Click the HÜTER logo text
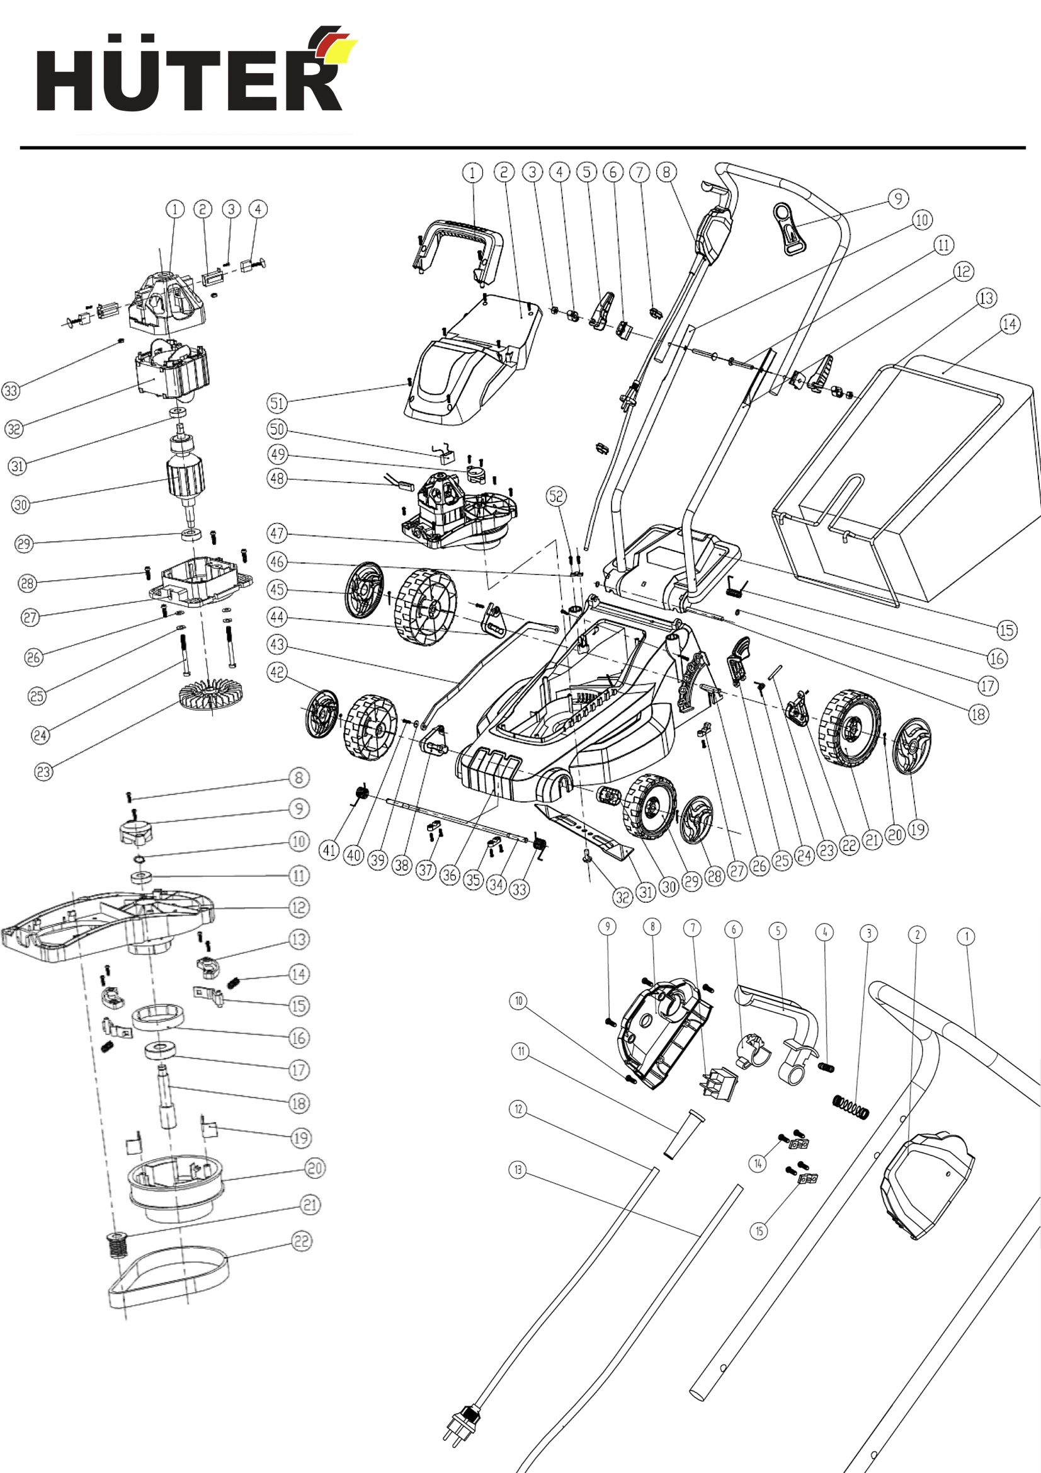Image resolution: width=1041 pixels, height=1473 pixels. click(188, 79)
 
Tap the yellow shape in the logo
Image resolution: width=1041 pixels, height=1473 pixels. click(339, 51)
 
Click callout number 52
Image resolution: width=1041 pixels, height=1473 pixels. click(556, 495)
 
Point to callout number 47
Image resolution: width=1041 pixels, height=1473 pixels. click(276, 532)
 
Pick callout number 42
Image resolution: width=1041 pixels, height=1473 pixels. click(276, 672)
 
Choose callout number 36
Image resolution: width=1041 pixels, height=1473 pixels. click(450, 874)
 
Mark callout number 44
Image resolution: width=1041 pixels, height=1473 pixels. click(276, 617)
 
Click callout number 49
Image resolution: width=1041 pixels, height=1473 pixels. click(277, 454)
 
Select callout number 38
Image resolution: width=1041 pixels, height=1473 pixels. click(402, 865)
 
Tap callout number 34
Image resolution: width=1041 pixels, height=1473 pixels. click(496, 885)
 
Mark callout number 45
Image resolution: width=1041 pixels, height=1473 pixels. click(276, 589)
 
